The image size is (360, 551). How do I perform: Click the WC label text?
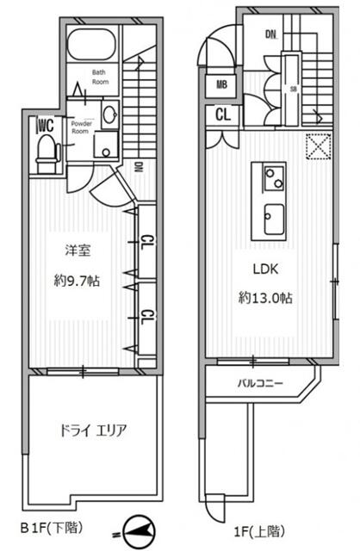45,127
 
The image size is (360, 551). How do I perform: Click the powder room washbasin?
110,115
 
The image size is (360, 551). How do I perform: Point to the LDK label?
266,269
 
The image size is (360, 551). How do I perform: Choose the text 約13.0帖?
266,298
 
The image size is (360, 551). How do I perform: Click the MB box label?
221,85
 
